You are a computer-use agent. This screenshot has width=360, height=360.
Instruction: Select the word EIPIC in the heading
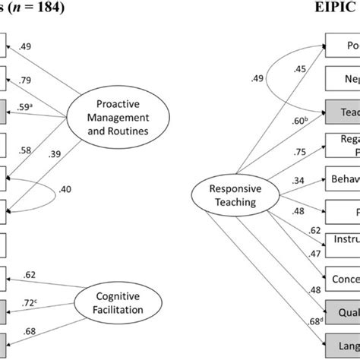tap(335, 9)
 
